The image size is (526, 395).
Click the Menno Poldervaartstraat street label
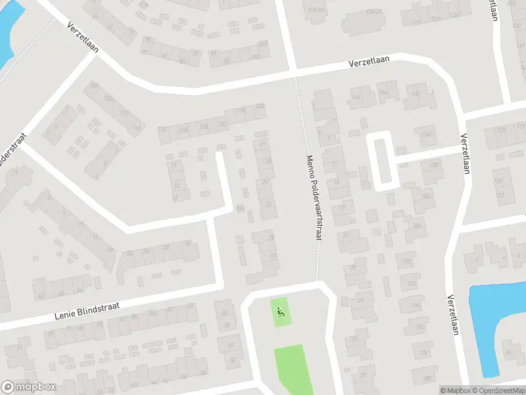[313, 197]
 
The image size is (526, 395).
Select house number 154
[429, 135]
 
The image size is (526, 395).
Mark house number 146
[383, 93]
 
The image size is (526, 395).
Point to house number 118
[137, 127]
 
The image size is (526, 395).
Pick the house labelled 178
[423, 354]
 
